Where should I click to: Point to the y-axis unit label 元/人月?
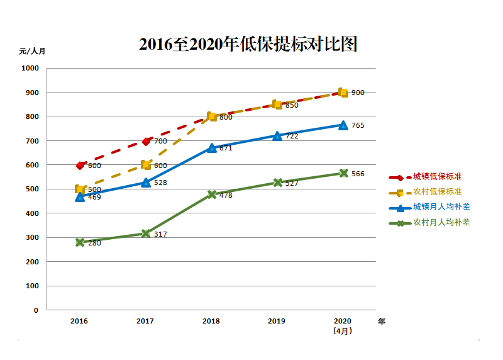coord(32,52)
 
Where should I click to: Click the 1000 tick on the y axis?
coord(30,69)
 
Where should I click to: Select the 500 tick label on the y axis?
coord(32,189)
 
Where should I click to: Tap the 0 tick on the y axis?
coord(36,310)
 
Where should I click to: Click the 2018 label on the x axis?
coord(211,321)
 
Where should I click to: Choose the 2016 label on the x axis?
coord(79,321)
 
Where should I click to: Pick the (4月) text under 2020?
coord(343,330)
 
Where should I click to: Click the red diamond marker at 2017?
coord(146,142)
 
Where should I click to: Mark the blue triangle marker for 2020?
coord(343,125)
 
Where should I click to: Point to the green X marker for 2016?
coord(80,242)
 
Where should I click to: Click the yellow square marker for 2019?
coord(277,104)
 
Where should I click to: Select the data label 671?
coord(226,149)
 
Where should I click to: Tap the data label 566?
coord(358,174)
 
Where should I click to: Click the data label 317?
coord(160,235)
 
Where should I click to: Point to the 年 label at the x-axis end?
coord(382,321)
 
